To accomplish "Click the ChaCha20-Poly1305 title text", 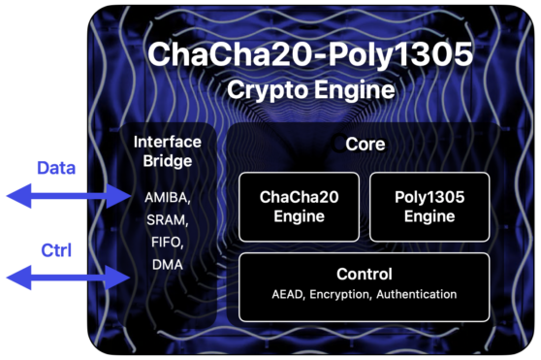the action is (310, 53).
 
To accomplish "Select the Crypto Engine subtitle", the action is (310, 89).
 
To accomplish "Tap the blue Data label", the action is (56, 168).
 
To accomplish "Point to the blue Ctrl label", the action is (56, 250).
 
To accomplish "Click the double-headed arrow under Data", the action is (69, 196).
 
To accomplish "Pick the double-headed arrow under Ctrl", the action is (69, 278).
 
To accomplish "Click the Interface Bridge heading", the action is (168, 151).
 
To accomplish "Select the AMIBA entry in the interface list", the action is (168, 198).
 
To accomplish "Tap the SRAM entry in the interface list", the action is (168, 220).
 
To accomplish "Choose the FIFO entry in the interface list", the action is (168, 243).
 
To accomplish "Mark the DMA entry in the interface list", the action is (168, 265).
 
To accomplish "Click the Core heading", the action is (366, 144).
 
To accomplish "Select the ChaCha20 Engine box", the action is (300, 207).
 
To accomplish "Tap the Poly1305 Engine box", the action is (430, 207).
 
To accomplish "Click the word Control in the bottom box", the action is (365, 274).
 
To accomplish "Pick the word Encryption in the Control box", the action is (340, 294).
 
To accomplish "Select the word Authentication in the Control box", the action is (417, 294).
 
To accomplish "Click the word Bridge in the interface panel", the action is (168, 161).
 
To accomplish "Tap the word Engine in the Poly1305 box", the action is (430, 216).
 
